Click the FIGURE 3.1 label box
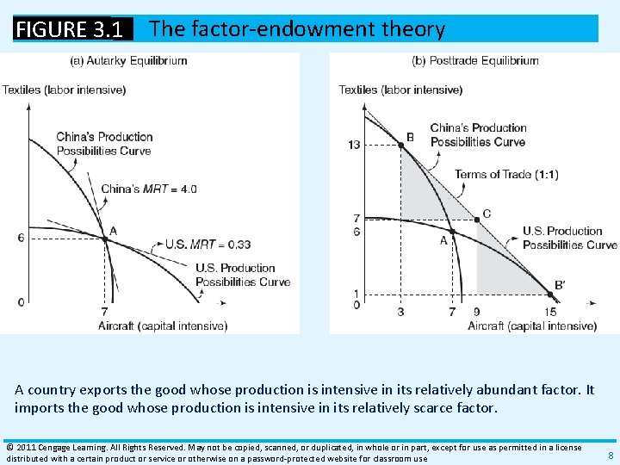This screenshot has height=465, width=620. click(74, 29)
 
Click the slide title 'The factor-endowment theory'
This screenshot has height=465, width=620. click(297, 29)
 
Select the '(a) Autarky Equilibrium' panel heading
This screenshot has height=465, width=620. click(128, 60)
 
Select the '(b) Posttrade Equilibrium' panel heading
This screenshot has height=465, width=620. click(475, 60)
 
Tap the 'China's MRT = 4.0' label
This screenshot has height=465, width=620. click(149, 189)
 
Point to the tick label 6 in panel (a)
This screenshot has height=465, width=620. click(21, 237)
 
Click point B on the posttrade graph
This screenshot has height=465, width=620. click(400, 146)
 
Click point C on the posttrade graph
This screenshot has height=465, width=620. click(477, 219)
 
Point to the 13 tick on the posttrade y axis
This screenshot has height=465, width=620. click(354, 145)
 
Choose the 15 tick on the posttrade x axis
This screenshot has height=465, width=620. click(549, 312)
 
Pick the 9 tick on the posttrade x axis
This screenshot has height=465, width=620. click(477, 312)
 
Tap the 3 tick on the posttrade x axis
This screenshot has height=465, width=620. click(400, 312)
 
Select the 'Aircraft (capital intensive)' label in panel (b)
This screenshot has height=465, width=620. click(532, 325)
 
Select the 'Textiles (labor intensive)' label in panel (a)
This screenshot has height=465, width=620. click(64, 90)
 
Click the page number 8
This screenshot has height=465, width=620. click(610, 455)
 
